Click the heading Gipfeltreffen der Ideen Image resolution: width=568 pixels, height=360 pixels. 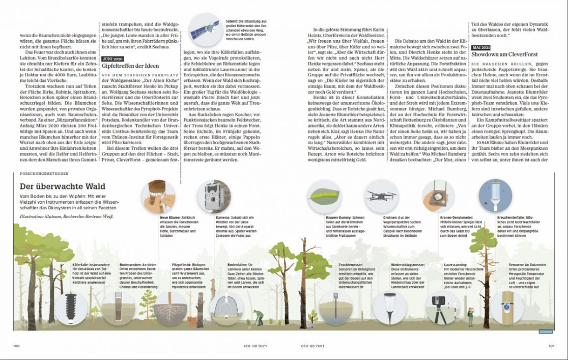point(130,66)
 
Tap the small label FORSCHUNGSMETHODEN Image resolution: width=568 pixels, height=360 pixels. point(43,174)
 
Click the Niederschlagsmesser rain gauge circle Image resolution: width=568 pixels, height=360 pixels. point(389,307)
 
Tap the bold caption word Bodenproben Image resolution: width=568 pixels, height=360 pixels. point(129,265)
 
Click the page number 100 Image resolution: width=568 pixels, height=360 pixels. point(16,346)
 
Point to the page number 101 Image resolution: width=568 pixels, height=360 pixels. point(552,346)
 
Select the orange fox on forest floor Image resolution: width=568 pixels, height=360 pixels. point(192,321)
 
